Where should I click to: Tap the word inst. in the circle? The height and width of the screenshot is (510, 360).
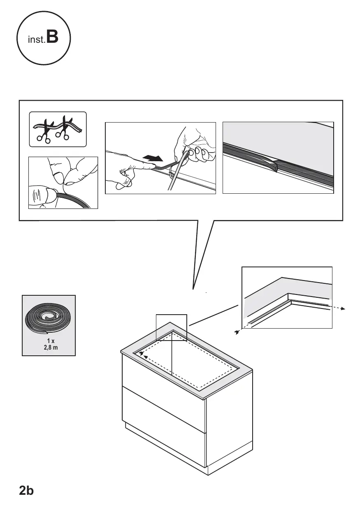click(37, 39)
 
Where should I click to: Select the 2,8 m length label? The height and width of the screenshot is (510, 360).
click(51, 348)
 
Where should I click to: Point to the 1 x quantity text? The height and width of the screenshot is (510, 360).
click(51, 341)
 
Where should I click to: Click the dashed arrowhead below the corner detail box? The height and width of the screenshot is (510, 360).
click(237, 332)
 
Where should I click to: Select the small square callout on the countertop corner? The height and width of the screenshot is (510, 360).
click(171, 327)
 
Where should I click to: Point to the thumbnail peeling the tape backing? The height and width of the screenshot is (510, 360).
click(59, 176)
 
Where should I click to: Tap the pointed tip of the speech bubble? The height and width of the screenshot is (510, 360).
click(193, 289)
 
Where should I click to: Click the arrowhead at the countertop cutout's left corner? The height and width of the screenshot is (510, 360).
click(142, 353)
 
